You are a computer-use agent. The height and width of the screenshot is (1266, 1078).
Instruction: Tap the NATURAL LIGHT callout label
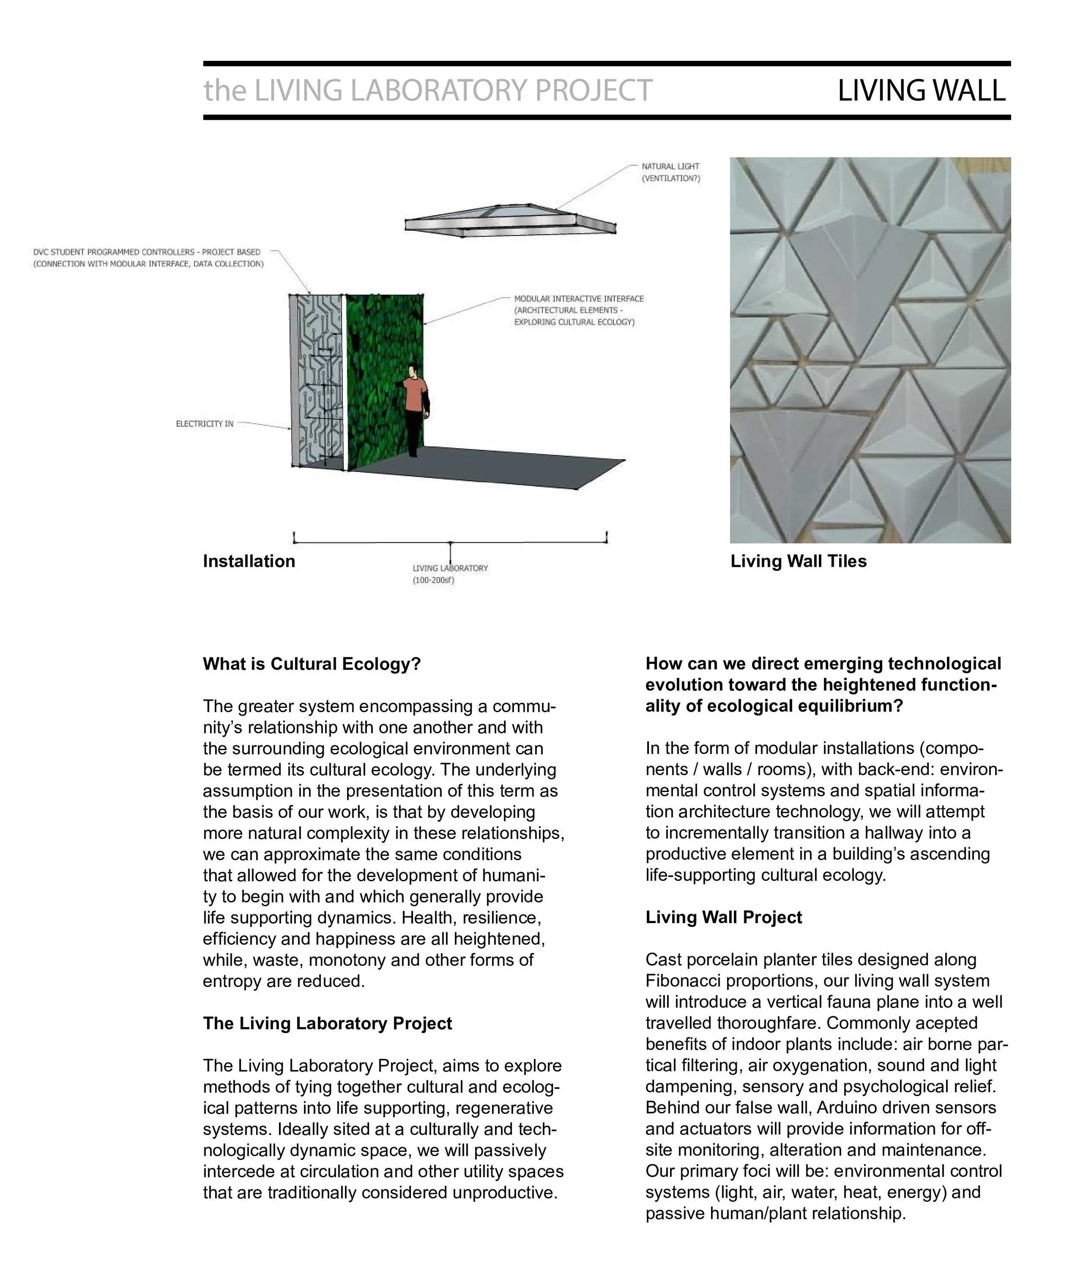click(670, 166)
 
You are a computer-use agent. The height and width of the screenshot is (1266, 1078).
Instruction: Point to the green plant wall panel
click(382, 379)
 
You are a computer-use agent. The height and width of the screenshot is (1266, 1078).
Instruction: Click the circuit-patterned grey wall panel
click(317, 379)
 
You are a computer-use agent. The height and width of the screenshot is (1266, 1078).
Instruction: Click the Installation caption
click(248, 561)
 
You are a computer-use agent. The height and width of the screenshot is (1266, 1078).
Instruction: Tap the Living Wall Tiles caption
click(798, 561)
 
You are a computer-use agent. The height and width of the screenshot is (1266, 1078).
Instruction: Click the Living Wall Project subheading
click(723, 917)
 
